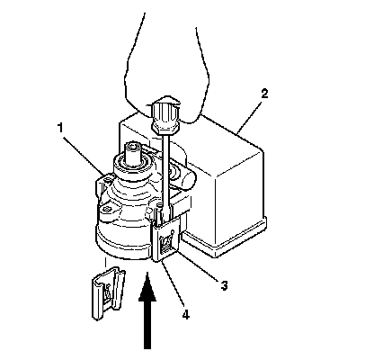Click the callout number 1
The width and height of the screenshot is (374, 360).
coord(60,128)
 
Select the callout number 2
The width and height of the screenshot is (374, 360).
coord(264,94)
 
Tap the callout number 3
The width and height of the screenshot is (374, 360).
coord(224,285)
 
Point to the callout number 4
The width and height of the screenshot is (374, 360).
coord(185,315)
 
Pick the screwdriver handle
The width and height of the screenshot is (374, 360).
coord(165,116)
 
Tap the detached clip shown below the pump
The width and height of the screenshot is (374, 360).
coord(108,293)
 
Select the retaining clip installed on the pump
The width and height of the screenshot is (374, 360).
coord(167,238)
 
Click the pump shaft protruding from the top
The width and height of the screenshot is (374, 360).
coord(134,154)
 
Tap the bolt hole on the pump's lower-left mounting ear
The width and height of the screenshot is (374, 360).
coord(106,209)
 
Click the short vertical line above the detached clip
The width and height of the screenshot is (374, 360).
coord(105,262)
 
